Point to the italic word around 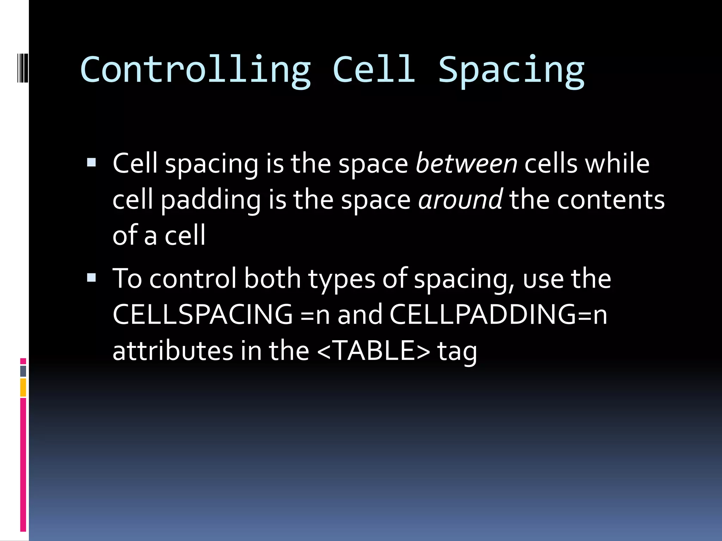460,200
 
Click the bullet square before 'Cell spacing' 91,162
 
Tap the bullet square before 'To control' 91,278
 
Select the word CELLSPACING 202,314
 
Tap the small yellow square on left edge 23,387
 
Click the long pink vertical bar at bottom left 23,465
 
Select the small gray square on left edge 23,371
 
